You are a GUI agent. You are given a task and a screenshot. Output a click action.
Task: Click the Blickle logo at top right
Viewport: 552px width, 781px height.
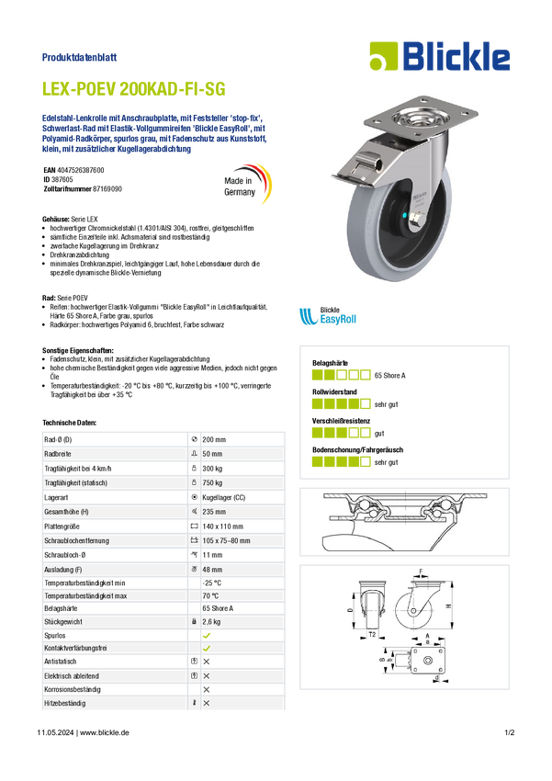pos(439,57)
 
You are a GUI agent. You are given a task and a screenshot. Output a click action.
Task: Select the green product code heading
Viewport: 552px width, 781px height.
pos(134,89)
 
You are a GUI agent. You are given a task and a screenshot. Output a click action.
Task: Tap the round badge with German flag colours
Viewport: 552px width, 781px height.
pos(247,184)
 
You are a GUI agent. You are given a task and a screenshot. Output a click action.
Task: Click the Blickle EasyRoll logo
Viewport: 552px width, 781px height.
pos(326,317)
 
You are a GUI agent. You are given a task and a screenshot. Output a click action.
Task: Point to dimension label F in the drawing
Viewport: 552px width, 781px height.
pos(422,572)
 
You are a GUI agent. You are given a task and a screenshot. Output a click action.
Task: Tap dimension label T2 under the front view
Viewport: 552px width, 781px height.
pos(372,635)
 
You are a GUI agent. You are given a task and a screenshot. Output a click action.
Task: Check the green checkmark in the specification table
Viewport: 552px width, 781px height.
pos(207,647)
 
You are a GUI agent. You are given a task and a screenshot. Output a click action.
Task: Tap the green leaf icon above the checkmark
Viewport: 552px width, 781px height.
pos(207,634)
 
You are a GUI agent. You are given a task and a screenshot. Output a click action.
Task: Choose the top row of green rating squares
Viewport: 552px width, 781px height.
pos(340,375)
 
